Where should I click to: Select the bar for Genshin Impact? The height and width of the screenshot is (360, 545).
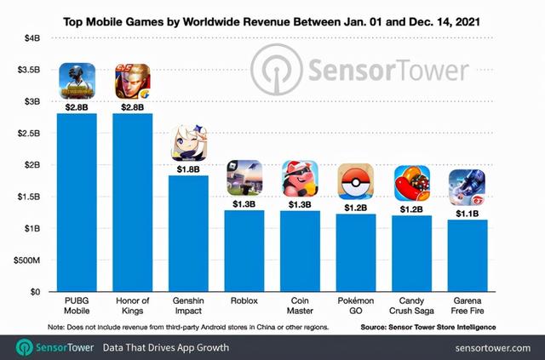coord(188,233)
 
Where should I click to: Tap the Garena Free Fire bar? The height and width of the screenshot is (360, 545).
coord(467,255)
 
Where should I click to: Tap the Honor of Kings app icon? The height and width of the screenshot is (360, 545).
coord(132,83)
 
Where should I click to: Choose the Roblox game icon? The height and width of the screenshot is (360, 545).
coord(244,178)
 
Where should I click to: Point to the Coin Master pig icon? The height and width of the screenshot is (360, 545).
coord(300,179)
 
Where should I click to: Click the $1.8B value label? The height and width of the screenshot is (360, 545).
coord(187,169)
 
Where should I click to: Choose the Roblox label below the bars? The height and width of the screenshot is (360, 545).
coord(244,300)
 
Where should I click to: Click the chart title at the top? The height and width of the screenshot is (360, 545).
coord(272,17)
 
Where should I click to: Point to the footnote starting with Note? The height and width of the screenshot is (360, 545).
coord(186,327)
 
